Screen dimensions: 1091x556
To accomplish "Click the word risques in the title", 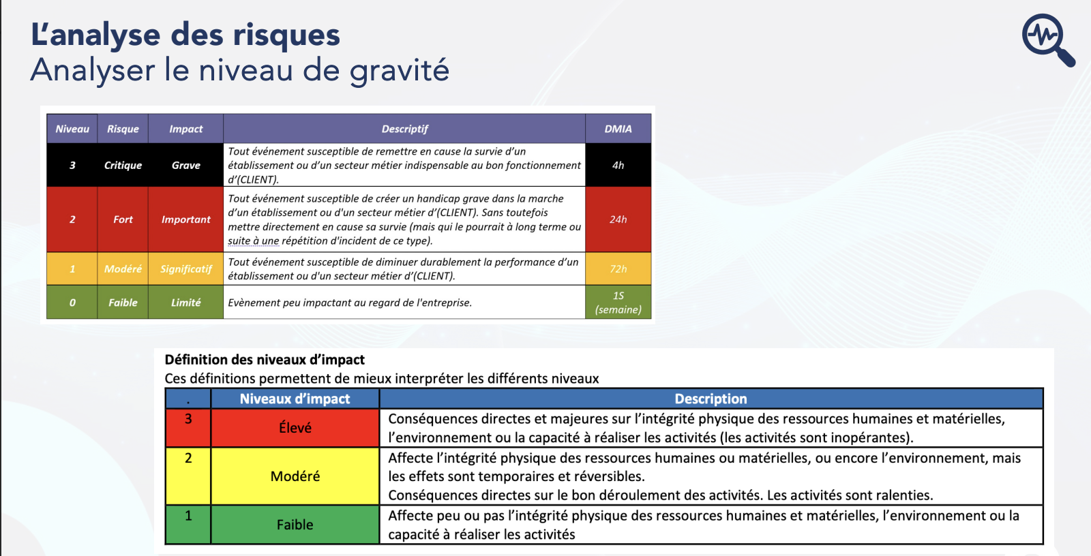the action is coord(286,35).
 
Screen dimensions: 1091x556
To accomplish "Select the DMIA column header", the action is coord(618,129).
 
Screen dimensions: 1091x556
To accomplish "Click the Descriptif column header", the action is coord(404,129).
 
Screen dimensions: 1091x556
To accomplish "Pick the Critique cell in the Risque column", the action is coord(123,165).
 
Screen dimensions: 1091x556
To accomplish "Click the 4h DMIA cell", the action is coord(618,165).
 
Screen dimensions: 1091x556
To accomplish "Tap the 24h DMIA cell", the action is coord(618,219).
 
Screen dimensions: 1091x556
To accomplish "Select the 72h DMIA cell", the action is coord(618,268).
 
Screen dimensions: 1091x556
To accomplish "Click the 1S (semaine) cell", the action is coord(618,303).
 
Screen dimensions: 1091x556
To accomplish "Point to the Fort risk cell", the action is coord(123,219).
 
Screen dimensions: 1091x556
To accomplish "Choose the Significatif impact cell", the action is coord(185,268).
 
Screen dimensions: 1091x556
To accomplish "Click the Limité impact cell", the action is coord(185,303).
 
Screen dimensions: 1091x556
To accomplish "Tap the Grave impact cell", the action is coord(185,165).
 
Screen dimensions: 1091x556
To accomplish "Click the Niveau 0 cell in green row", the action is coord(72,303).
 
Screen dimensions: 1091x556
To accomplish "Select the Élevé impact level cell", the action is coord(295,428).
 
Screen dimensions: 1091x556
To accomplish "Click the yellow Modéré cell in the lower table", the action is coord(295,476).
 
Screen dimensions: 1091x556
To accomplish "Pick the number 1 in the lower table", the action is coord(188,516).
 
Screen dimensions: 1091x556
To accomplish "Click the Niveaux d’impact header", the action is coord(295,399).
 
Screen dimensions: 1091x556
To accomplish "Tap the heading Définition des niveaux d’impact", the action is coord(265,360).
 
